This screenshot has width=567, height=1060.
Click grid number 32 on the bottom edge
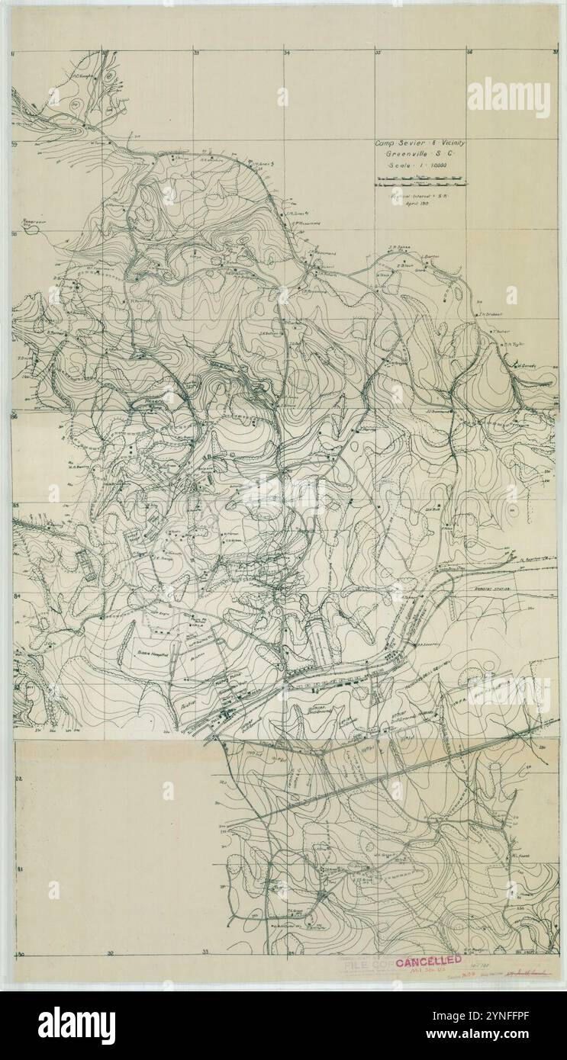(x=111, y=954)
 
